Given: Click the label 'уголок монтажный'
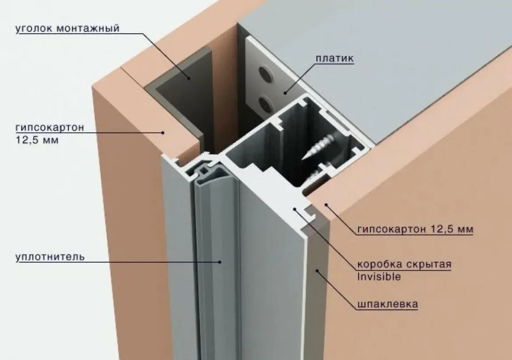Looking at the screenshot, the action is [68, 29].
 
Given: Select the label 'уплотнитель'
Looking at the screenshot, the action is [50, 257].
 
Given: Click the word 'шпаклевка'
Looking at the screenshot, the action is [387, 304].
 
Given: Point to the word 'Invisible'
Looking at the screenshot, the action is [379, 277].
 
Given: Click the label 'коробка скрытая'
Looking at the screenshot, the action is [404, 264].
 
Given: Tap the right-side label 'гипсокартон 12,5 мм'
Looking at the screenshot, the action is [415, 229].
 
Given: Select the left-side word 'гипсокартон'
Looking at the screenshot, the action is [50, 127].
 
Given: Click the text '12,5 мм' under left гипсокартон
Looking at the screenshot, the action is [37, 141].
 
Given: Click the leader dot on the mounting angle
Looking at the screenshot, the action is [189, 78].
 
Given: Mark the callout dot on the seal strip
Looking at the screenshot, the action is [220, 261].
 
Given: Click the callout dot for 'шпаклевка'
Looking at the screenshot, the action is [316, 271].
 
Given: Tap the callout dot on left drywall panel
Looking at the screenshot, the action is [162, 132].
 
